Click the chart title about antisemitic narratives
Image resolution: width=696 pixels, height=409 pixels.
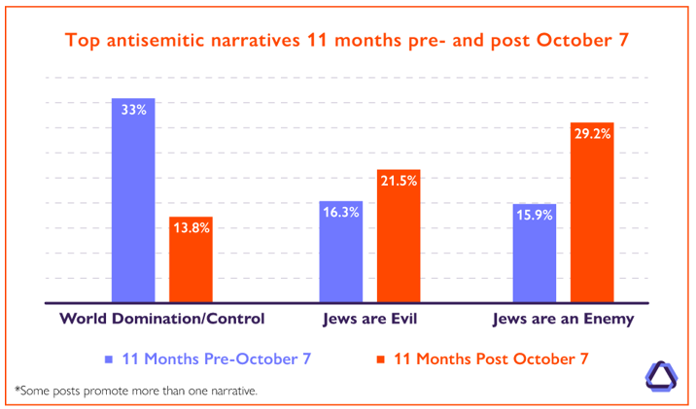tap(348, 42)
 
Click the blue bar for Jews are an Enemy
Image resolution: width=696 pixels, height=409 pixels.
tap(535, 253)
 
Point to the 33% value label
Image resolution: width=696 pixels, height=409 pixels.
tap(133, 110)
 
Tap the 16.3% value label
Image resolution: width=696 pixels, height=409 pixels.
tap(341, 212)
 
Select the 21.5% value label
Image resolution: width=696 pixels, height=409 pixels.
tap(399, 181)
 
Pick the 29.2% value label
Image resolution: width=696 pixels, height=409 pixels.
tap(592, 134)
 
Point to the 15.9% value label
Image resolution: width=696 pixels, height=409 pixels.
tap(535, 215)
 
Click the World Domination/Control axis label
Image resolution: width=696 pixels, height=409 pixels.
tap(161, 319)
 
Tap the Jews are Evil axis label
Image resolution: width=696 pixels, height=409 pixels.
tap(369, 319)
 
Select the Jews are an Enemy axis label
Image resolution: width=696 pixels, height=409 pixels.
tap(563, 319)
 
